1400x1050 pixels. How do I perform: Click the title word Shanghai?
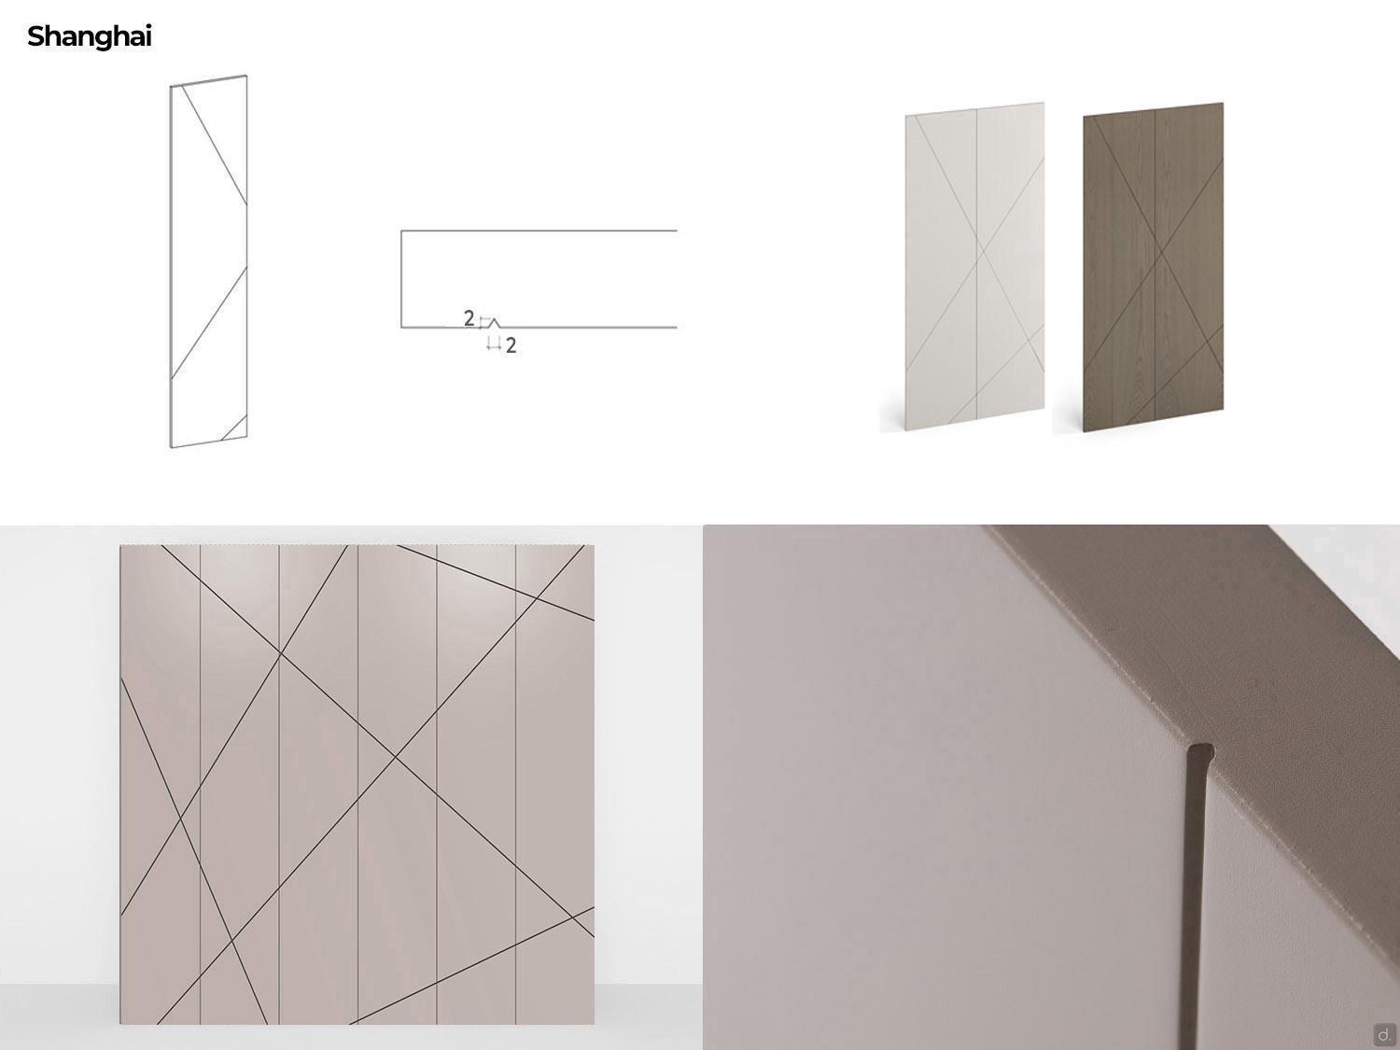click(90, 37)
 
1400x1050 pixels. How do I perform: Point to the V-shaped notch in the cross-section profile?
click(494, 322)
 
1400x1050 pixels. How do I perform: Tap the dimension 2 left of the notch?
click(469, 318)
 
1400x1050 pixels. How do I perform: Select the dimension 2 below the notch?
click(511, 345)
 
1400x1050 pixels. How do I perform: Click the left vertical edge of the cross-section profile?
click(401, 278)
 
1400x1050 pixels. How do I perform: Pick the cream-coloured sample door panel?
click(974, 267)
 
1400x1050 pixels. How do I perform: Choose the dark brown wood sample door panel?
click(1154, 267)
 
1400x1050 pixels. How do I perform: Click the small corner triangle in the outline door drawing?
click(237, 430)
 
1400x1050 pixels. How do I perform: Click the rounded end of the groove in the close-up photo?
click(1200, 751)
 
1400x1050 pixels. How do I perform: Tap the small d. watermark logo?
click(1384, 1034)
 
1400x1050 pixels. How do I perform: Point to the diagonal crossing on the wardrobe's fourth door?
click(396, 757)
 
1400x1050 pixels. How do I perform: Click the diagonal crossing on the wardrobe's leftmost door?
click(180, 818)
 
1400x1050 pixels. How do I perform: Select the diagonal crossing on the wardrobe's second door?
click(231, 941)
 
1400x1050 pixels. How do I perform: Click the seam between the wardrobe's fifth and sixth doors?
click(515, 784)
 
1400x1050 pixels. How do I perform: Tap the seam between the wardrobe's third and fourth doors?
click(357, 784)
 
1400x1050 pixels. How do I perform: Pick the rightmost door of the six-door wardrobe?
click(555, 784)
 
